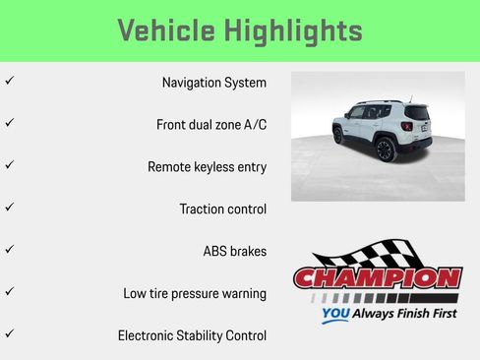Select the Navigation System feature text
point(213,83)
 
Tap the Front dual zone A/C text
point(210,125)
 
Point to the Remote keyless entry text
point(207,167)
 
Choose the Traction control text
point(222,210)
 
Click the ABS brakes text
point(234,252)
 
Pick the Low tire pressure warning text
point(195,294)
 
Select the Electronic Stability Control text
point(192,336)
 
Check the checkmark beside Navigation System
point(9,80)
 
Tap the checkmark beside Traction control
point(9,207)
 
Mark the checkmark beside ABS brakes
point(9,249)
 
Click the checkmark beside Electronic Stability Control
point(9,333)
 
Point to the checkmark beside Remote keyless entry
point(9,164)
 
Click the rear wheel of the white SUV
point(385,150)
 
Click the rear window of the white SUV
point(417,113)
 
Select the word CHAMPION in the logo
point(378,278)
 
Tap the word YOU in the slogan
point(337,316)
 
